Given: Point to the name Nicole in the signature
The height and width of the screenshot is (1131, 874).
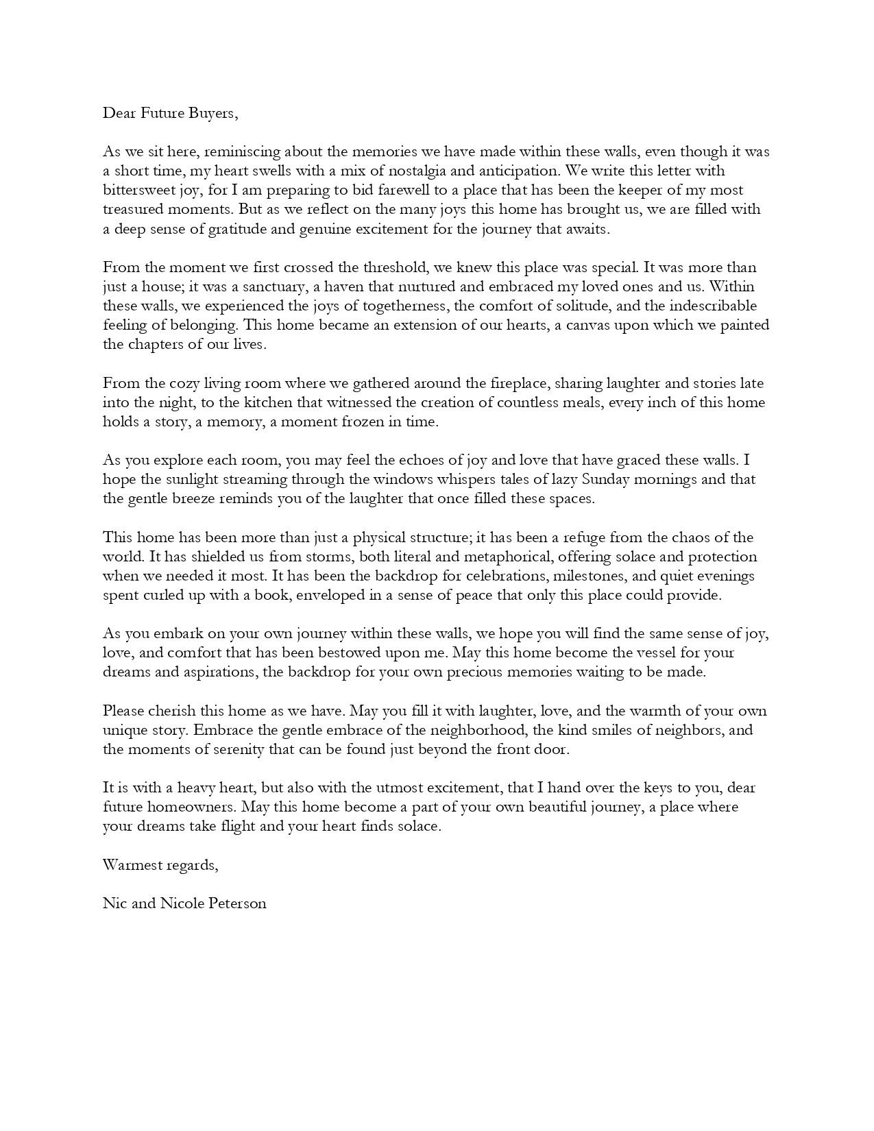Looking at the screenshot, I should point(182,903).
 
